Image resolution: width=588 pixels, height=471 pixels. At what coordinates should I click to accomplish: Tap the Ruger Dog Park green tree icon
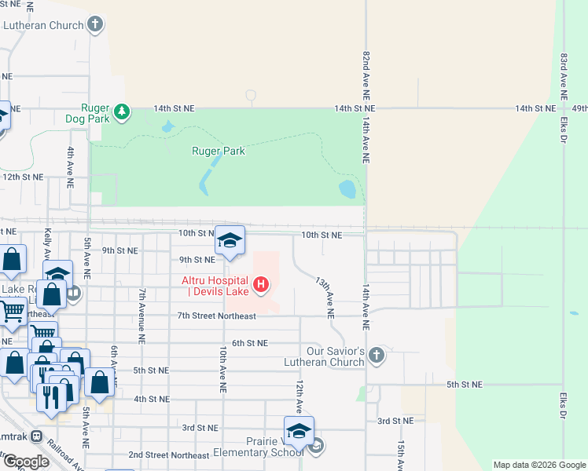[122, 112]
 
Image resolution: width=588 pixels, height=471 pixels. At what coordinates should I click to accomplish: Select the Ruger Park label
[219, 152]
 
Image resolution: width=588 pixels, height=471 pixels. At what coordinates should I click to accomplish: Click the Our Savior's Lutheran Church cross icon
[377, 355]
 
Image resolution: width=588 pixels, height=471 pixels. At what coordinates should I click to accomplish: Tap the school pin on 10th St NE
[230, 241]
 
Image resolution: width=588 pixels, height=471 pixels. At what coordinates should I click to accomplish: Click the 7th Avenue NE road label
[142, 317]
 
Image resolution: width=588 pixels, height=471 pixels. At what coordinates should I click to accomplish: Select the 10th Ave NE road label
[223, 368]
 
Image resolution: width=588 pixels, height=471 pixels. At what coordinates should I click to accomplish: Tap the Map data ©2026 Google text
[538, 465]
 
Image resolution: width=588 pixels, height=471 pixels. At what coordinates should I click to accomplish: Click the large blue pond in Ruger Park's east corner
[347, 190]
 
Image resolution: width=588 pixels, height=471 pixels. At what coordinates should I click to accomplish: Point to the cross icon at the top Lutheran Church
[95, 24]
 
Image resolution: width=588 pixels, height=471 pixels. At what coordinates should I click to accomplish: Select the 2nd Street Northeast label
[168, 455]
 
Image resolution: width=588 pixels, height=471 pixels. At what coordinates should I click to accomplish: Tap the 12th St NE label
[21, 177]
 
